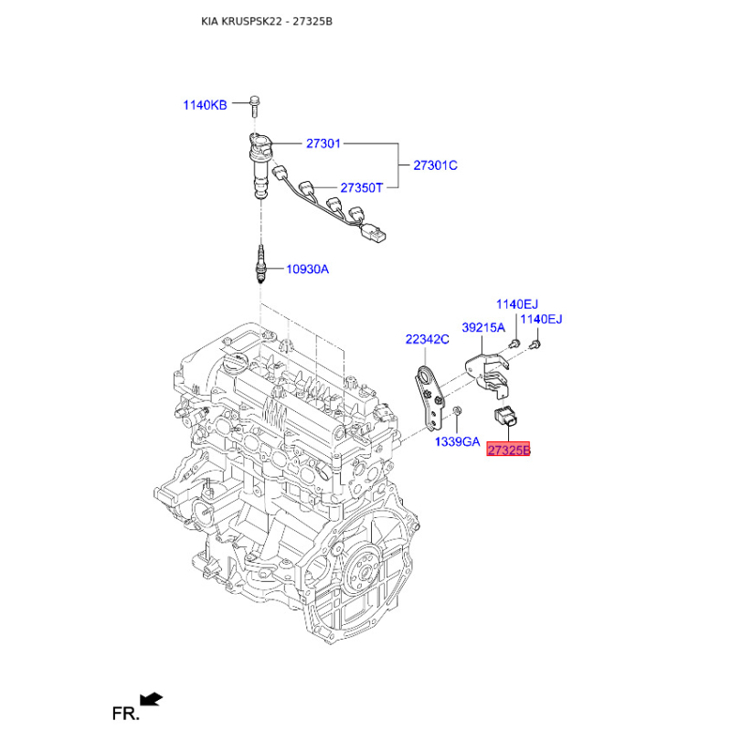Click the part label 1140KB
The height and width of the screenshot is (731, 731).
click(x=205, y=105)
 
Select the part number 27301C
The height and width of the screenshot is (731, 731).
click(x=436, y=165)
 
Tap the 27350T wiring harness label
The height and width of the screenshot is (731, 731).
click(x=361, y=188)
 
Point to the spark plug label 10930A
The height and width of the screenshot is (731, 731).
click(x=307, y=269)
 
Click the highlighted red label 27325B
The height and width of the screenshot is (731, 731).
click(x=508, y=450)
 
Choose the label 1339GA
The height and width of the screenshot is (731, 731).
click(x=458, y=441)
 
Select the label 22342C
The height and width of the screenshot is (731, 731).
click(x=427, y=339)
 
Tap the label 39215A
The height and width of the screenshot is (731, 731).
click(x=483, y=328)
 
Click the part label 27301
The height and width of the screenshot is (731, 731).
click(x=323, y=143)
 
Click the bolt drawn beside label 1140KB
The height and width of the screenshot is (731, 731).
click(x=254, y=106)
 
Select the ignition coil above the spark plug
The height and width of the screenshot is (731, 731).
click(x=260, y=165)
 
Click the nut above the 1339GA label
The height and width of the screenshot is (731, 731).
click(x=458, y=410)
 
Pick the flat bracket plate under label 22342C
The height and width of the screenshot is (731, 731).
click(x=429, y=397)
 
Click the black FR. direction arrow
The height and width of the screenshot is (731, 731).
click(x=151, y=699)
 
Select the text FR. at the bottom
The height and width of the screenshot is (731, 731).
click(x=125, y=714)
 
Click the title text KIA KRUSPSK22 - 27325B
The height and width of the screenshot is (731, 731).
click(x=267, y=21)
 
